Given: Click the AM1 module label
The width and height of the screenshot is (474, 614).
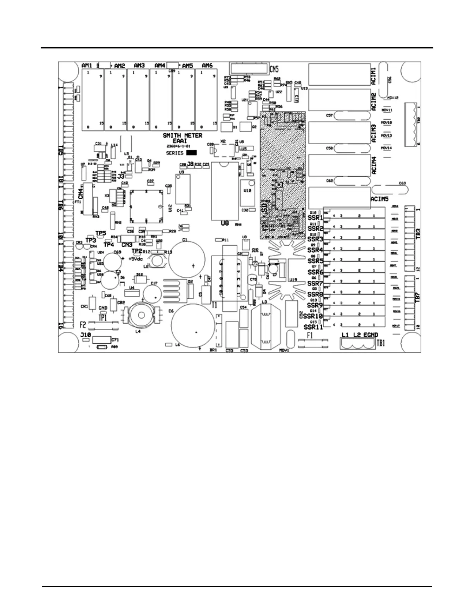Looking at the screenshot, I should tap(87, 66).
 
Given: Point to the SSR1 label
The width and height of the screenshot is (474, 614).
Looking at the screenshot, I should tap(316, 218).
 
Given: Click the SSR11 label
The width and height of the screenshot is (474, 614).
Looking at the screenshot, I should tap(313, 327).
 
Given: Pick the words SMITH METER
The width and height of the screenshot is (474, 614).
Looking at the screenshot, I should tap(182, 136).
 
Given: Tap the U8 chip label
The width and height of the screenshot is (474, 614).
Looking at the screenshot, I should tap(225, 223).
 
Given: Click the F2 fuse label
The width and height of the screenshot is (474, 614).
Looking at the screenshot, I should tap(83, 324).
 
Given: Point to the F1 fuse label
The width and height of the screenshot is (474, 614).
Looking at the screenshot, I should tap(310, 335).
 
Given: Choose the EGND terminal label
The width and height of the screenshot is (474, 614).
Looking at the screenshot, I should tap(371, 335).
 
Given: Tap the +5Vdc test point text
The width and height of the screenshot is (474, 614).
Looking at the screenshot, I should tap(136, 258).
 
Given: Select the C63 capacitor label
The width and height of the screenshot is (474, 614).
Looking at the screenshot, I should tap(402, 183).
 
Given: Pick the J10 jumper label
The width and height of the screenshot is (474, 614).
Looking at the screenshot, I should tap(85, 335).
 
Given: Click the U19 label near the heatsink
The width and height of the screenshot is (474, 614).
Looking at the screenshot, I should tap(293, 279).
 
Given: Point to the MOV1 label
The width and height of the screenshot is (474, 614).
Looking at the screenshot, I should tap(285, 350).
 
